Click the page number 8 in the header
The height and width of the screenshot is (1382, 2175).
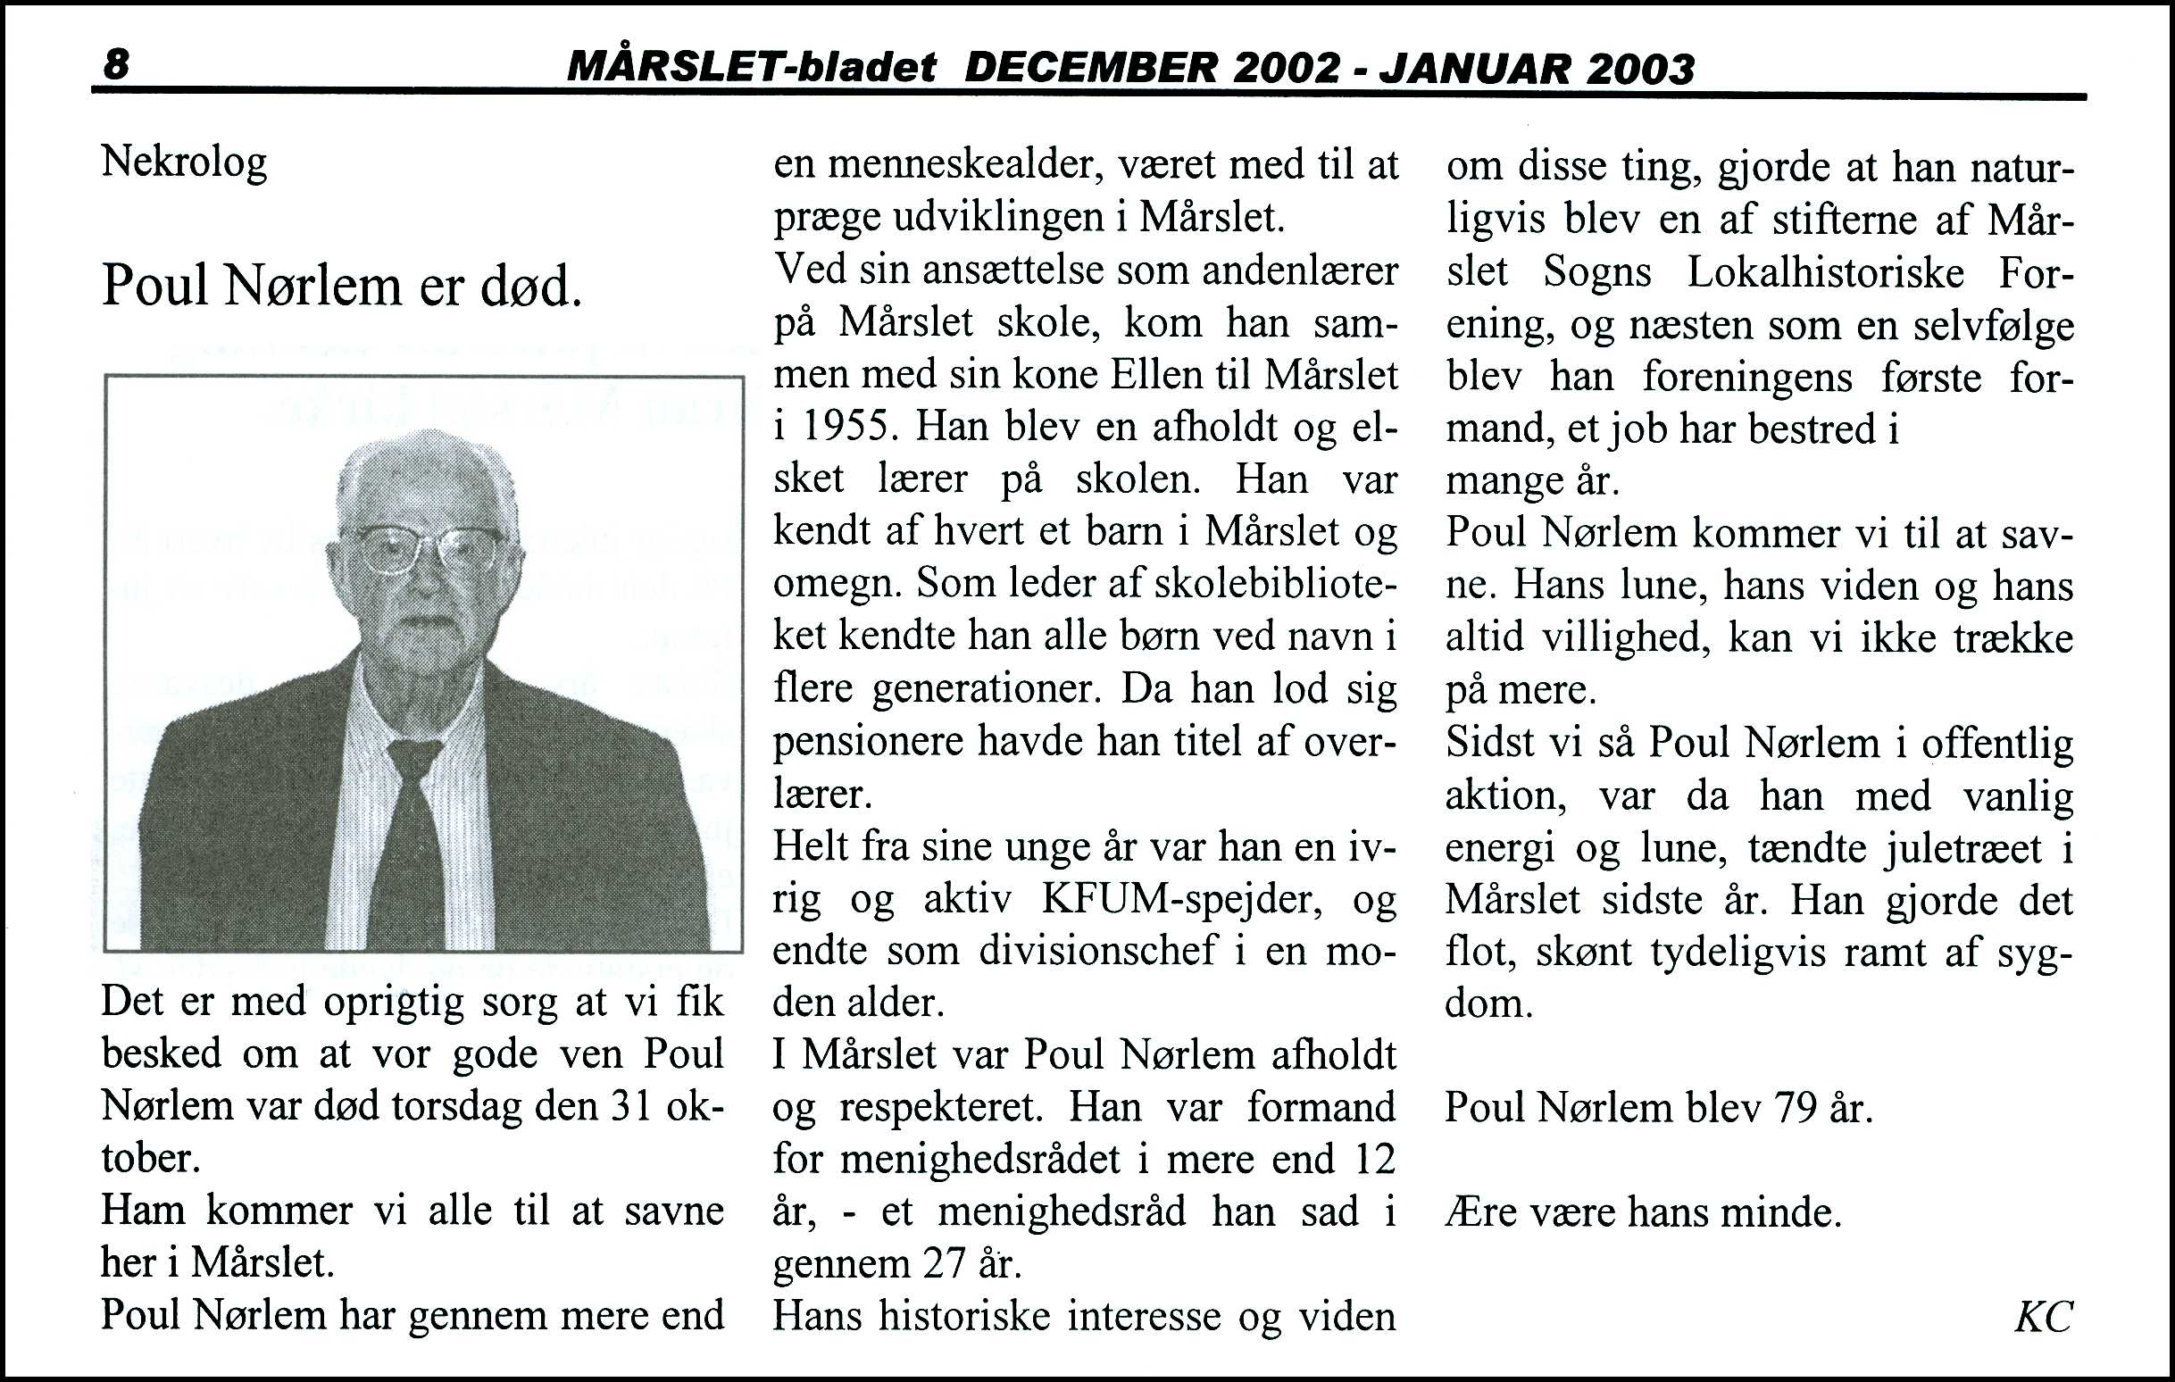116,65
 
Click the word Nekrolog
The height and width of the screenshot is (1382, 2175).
184,163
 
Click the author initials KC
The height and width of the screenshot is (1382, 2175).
2043,1317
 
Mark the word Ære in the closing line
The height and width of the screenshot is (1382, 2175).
1480,1211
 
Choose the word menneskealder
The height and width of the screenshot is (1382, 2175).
961,165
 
